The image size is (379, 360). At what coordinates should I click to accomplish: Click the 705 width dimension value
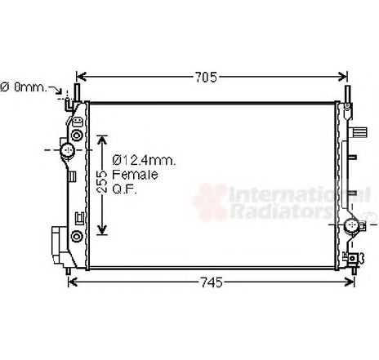tap(207, 78)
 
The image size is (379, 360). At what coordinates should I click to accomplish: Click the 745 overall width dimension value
tap(211, 283)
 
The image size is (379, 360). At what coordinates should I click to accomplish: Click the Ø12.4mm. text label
tap(145, 161)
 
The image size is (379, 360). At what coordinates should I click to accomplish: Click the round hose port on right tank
tap(350, 226)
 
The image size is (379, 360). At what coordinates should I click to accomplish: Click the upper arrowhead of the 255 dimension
tap(102, 138)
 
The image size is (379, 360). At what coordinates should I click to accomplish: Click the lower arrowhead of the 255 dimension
tap(102, 229)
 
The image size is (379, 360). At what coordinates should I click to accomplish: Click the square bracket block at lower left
tap(56, 242)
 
